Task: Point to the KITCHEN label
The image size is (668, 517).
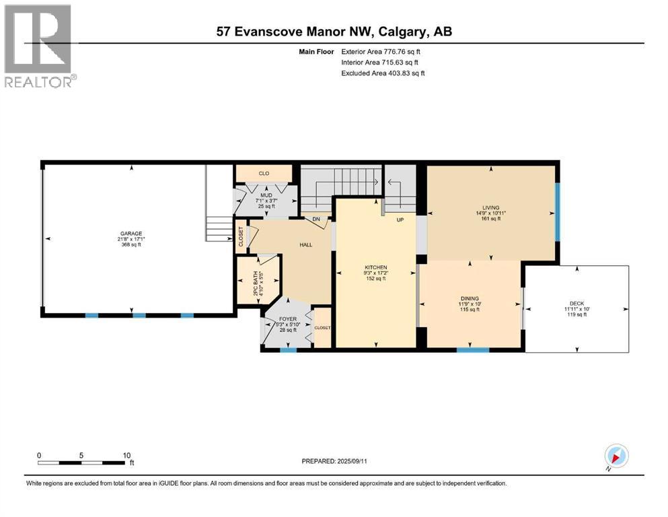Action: [375, 267]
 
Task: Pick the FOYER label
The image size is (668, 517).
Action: [287, 320]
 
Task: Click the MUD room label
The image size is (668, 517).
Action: [266, 195]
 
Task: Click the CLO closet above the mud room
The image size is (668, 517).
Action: [264, 174]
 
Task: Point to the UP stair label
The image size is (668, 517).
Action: [400, 219]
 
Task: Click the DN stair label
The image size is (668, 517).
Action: [316, 219]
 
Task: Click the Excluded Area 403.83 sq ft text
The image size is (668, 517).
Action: [383, 73]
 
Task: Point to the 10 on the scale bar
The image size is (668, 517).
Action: [126, 455]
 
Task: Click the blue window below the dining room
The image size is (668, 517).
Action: [473, 350]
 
